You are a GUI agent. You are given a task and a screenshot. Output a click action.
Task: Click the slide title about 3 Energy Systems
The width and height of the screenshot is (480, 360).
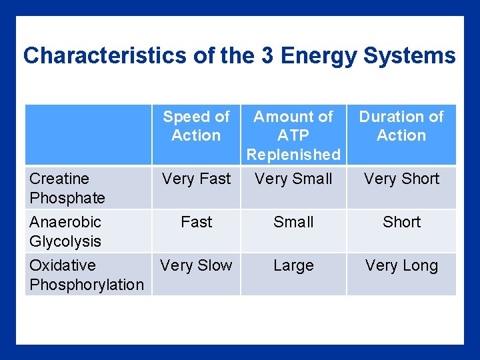point(239,55)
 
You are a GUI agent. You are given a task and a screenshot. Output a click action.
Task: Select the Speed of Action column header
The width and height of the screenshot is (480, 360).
point(196,126)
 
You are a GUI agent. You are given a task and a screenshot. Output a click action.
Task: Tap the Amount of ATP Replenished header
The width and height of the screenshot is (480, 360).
point(293,135)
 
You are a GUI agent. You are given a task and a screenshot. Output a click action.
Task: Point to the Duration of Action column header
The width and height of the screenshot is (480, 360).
point(401,126)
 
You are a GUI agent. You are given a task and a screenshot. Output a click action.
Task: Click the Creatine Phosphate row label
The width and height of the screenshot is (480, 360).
point(67,188)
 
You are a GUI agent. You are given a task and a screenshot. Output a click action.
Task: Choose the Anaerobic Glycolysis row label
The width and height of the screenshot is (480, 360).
point(65,231)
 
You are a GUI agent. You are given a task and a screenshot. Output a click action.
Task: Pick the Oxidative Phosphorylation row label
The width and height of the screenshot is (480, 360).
point(87,275)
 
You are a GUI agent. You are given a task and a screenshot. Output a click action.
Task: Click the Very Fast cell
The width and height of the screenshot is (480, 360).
point(196,179)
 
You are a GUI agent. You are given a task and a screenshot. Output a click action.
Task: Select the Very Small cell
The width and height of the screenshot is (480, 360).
point(293,179)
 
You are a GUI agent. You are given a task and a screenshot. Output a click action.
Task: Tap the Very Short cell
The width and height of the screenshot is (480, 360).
point(401,179)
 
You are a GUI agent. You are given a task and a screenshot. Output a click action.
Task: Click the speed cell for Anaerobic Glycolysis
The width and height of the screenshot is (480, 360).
point(196,222)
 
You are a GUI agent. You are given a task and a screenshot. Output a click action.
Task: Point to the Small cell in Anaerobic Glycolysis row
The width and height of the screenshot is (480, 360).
point(293,222)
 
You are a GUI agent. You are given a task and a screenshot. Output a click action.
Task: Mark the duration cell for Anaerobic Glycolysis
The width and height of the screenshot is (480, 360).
point(401,222)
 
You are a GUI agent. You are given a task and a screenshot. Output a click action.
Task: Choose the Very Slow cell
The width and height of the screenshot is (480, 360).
point(196,265)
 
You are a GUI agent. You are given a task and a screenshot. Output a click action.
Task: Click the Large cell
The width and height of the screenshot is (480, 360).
point(293,265)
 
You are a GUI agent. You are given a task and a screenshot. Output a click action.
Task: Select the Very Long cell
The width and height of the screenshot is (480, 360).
point(401,265)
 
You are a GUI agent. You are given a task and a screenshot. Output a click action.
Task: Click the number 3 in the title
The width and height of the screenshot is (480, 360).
point(267,55)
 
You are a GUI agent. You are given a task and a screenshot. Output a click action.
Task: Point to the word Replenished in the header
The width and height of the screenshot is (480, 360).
point(293,155)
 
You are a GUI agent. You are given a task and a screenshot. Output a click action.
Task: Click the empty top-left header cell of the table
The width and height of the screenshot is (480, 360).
point(88,135)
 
